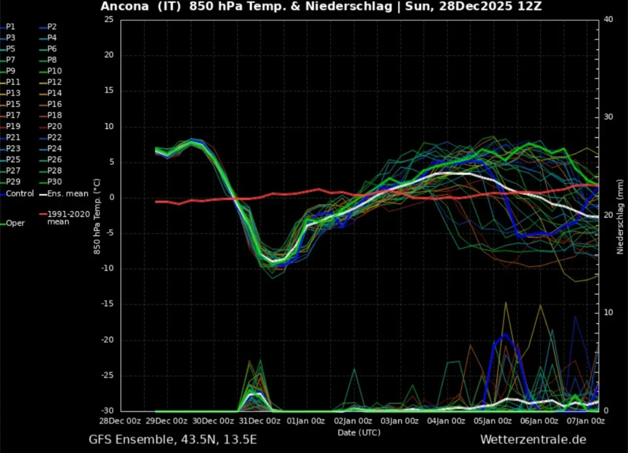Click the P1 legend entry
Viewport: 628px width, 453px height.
(x=10, y=27)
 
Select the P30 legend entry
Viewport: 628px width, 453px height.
(x=54, y=182)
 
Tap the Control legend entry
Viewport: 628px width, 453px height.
(x=20, y=193)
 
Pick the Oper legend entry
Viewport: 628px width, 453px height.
(x=15, y=223)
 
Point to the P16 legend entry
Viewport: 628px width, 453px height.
(x=54, y=104)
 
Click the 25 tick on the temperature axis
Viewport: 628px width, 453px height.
(x=109, y=19)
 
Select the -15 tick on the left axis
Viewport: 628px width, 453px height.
(x=107, y=304)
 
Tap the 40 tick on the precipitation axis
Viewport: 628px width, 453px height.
(x=608, y=19)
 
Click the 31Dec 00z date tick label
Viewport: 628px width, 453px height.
(x=260, y=421)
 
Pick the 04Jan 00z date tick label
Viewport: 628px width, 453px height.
(x=445, y=421)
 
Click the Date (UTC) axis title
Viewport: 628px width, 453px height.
(x=359, y=432)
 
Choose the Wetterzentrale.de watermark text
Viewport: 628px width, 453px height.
(x=533, y=439)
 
